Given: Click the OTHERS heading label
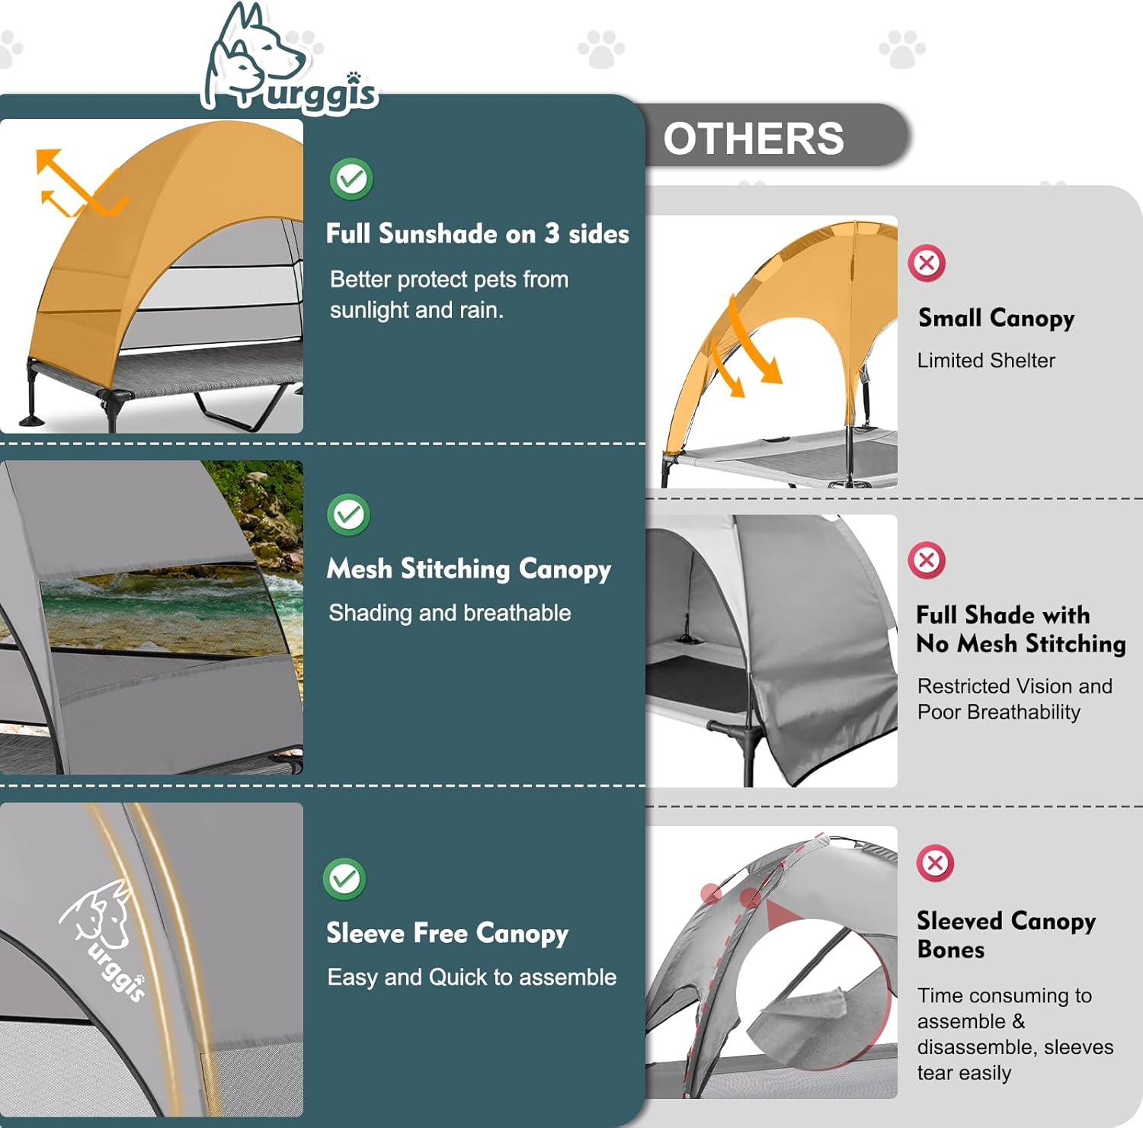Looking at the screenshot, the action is point(754,139).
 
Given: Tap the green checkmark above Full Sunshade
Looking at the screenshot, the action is point(351,179).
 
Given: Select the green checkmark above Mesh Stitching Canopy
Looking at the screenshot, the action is point(349,515).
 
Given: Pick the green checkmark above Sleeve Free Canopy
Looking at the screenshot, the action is point(344,879).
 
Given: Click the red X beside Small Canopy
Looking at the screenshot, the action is point(927,264).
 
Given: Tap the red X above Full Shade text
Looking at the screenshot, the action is point(927,561).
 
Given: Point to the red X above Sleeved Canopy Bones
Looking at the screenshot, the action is point(935,864).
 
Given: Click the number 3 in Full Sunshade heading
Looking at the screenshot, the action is point(552,233).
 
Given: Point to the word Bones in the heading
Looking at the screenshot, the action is point(951,950).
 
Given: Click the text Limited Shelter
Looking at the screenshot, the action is point(986,361).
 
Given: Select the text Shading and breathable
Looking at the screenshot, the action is point(450,613).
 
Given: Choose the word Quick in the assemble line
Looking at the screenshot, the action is point(458,977).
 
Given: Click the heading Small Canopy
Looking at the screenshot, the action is point(997,318).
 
